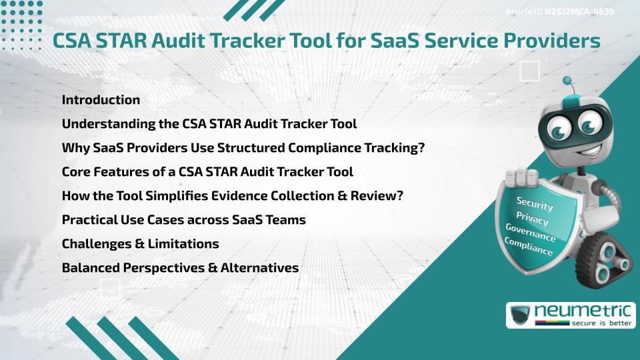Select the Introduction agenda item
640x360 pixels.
pyautogui.click(x=101, y=100)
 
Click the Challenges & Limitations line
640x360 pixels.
pyautogui.click(x=140, y=244)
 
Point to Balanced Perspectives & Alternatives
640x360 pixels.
pyautogui.click(x=180, y=268)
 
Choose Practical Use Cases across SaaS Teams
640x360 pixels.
pyautogui.click(x=183, y=220)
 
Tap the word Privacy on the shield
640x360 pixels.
pyautogui.click(x=532, y=221)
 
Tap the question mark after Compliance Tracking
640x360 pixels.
pyautogui.click(x=421, y=148)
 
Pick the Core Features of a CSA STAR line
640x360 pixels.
pyautogui.click(x=207, y=172)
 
